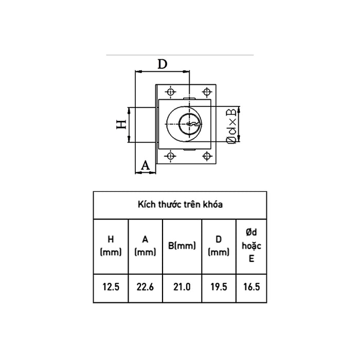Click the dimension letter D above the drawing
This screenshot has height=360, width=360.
click(163, 64)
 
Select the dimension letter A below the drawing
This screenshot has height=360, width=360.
click(146, 165)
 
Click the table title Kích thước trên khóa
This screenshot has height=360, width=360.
click(180, 205)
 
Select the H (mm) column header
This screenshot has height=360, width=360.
click(111, 245)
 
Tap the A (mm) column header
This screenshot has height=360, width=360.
click(145, 245)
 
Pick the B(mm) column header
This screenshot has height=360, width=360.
click(182, 246)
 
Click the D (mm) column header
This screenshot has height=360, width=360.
click(219, 245)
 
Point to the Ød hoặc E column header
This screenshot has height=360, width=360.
click(251, 246)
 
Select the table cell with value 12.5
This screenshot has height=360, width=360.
click(111, 287)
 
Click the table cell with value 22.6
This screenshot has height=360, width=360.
click(145, 287)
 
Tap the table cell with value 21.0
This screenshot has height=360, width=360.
click(182, 287)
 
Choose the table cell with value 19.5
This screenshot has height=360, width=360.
click(219, 287)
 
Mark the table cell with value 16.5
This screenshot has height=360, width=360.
click(251, 287)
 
